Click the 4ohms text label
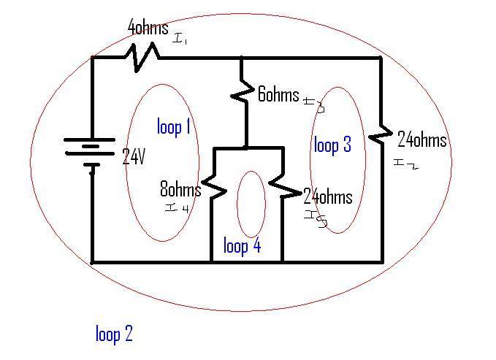(148, 28)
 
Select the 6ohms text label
(278, 94)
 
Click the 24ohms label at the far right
(421, 139)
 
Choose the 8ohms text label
(180, 190)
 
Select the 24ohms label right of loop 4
(328, 196)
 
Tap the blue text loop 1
(174, 127)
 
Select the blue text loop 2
(114, 334)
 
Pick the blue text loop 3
(332, 145)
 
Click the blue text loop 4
(242, 246)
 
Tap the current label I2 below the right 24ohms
(405, 164)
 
